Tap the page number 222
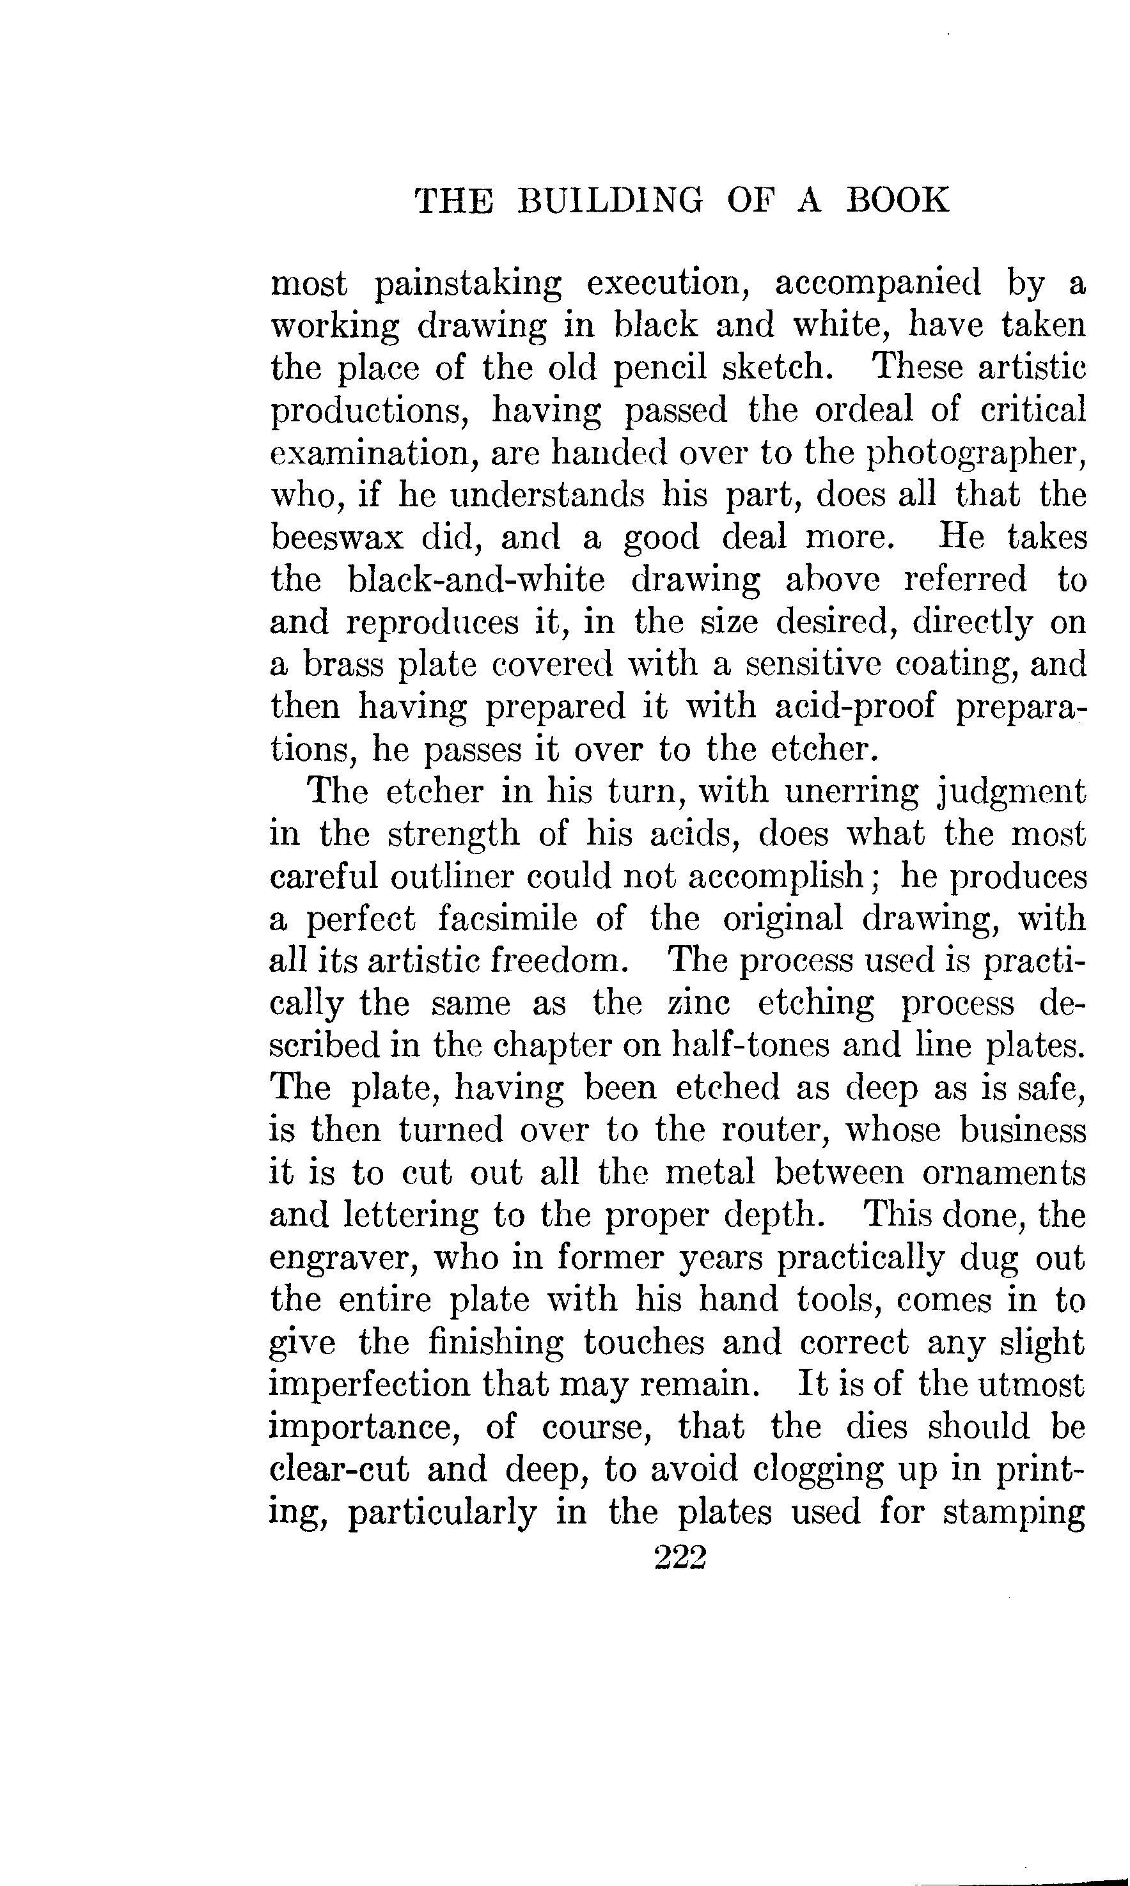click(680, 1557)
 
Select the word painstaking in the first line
click(468, 284)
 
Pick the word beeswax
click(336, 538)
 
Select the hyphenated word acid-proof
click(854, 706)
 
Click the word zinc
click(698, 1004)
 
